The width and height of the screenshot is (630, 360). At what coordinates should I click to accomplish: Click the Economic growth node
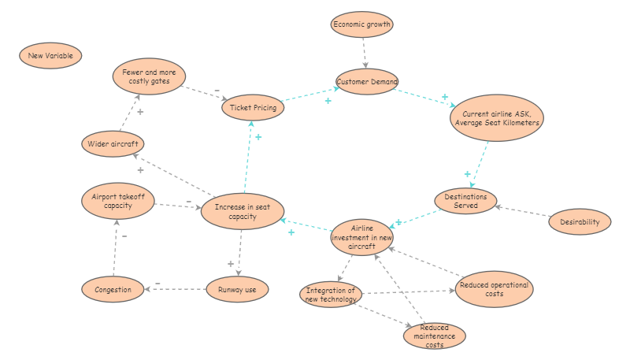pos(361,24)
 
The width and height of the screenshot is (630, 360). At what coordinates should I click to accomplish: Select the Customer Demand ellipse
pos(367,81)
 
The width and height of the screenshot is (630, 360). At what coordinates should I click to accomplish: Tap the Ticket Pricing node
pos(253,108)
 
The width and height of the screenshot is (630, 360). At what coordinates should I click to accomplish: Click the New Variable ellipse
pos(50,56)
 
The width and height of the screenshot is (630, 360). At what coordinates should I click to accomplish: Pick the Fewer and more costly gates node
pos(149,76)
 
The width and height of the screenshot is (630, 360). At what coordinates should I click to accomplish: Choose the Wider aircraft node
pos(114,144)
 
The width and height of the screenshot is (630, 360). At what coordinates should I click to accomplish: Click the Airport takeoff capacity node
pos(117,202)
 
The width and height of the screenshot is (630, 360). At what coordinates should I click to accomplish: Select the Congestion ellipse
pos(113,289)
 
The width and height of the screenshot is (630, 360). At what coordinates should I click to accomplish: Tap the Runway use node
pos(237,289)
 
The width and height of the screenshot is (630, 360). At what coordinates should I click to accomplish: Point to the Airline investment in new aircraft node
pos(362,237)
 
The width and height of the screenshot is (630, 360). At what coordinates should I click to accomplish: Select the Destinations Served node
pos(465,201)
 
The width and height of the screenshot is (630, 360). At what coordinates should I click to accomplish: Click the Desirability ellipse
pos(580,221)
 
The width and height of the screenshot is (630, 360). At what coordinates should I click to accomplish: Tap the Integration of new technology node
pos(332,295)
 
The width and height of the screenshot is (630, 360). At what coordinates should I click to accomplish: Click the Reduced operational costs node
pos(494,288)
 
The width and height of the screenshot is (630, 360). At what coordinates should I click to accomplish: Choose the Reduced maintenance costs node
pos(434,336)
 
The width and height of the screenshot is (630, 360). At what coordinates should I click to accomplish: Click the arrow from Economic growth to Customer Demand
pos(365,53)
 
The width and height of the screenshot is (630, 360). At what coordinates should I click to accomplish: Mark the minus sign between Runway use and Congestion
pos(157,283)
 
